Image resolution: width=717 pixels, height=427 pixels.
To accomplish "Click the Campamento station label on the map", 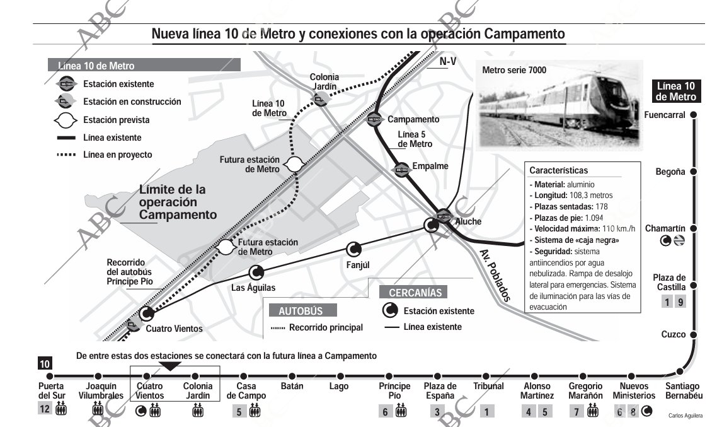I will [x=413, y=119].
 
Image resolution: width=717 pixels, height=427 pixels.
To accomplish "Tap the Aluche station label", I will [x=467, y=221].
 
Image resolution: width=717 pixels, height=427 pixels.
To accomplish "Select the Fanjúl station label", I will [x=358, y=265].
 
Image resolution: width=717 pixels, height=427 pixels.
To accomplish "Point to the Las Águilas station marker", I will [x=256, y=273].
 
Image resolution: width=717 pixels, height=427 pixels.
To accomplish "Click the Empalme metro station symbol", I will [x=401, y=169].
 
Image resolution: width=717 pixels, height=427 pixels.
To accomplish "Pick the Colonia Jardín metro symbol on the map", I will [x=319, y=99].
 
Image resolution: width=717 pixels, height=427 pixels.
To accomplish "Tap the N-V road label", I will [x=448, y=62].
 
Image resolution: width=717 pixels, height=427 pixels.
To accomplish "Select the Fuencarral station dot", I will [x=693, y=115].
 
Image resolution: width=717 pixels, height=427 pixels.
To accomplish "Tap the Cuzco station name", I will [x=673, y=334].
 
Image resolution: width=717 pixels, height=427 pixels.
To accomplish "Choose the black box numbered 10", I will [x=45, y=363].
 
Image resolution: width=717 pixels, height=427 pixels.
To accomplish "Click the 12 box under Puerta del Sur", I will [x=45, y=409].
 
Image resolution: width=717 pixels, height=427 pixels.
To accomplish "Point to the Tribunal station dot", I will [x=488, y=377].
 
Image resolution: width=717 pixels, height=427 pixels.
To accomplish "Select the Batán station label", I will [x=292, y=386].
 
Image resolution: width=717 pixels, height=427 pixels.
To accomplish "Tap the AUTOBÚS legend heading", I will [x=301, y=311].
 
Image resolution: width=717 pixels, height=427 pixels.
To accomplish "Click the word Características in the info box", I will [x=558, y=170].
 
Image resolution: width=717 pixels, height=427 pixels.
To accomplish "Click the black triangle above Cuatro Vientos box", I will [x=171, y=366].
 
